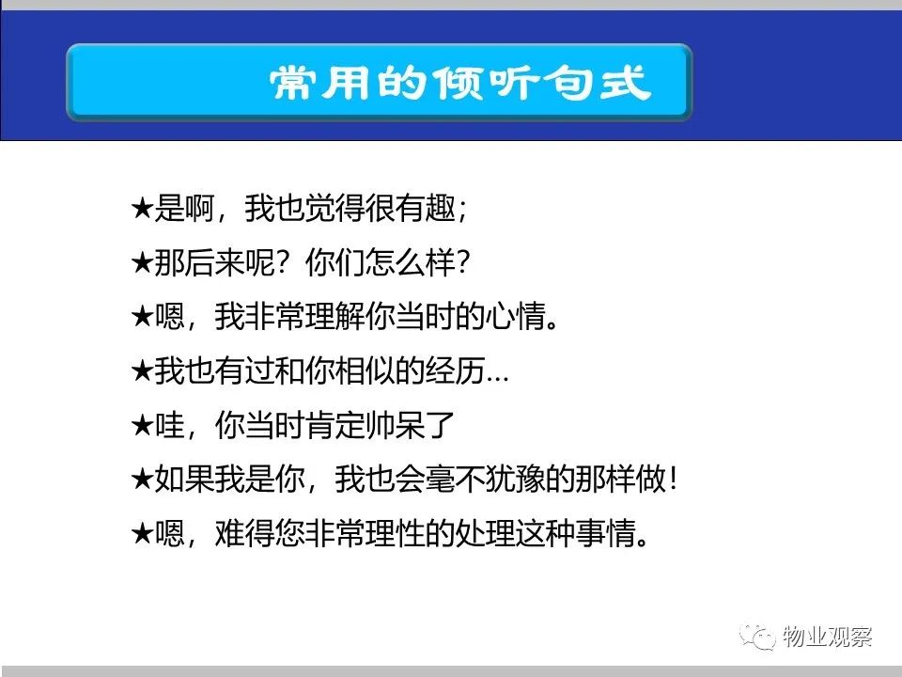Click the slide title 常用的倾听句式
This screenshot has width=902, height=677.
(x=460, y=83)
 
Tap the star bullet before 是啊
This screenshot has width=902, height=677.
(x=142, y=209)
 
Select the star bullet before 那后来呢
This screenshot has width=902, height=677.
(x=142, y=263)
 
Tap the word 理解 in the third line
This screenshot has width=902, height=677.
(x=335, y=316)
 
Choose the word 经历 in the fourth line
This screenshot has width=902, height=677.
(x=455, y=370)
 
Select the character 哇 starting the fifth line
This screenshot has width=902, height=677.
(x=169, y=425)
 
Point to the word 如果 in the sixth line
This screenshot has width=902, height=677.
(x=184, y=479)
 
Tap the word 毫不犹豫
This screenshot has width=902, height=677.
(x=485, y=479)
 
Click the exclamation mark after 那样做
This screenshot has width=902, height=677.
(x=674, y=479)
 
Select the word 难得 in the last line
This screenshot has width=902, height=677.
(x=245, y=532)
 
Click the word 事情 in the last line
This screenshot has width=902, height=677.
(x=605, y=532)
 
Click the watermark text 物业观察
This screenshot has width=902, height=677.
(x=827, y=637)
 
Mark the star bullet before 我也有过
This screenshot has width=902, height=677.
(x=142, y=370)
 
